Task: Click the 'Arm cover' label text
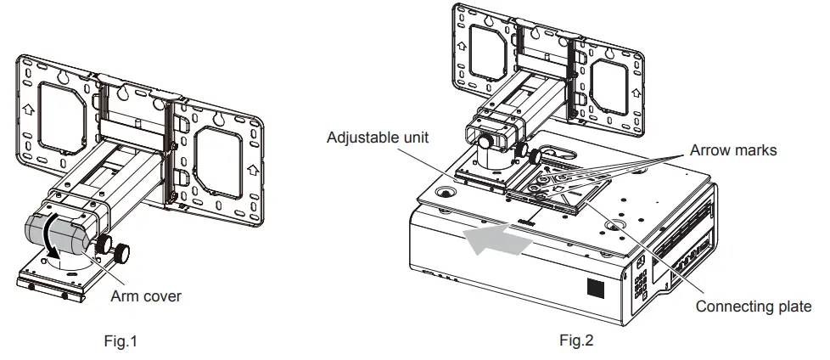[146, 295]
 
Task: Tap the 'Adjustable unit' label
[378, 137]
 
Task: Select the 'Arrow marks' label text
[733, 150]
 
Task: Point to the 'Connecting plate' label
[754, 306]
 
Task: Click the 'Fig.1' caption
[121, 341]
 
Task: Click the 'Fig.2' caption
[576, 340]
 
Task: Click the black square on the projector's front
[596, 288]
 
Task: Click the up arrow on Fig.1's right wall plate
[253, 170]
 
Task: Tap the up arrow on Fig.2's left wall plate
[462, 46]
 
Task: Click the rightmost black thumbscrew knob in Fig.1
[122, 250]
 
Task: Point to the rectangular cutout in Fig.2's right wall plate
[608, 87]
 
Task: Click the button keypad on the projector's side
[641, 284]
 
